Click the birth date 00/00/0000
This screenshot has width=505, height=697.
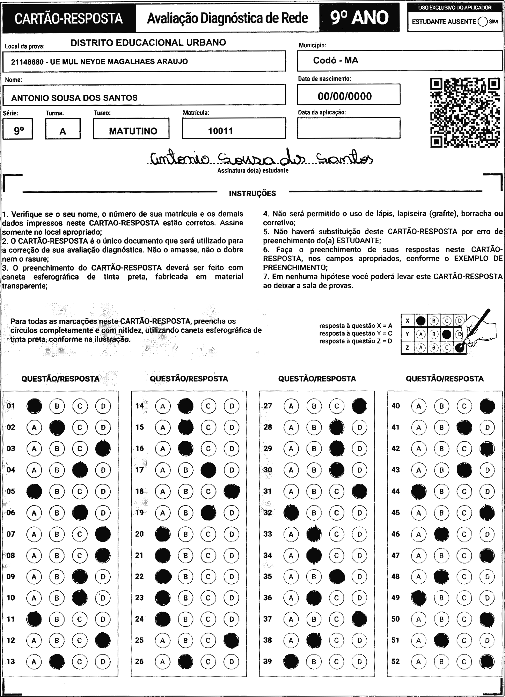345,96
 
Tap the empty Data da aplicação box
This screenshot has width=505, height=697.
348,128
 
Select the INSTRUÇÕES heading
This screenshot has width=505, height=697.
252,194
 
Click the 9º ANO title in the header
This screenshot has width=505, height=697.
359,18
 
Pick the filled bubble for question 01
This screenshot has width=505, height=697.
34,406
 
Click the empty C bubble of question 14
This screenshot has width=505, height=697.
208,406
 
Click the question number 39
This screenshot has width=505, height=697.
268,661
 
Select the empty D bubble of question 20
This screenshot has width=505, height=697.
232,534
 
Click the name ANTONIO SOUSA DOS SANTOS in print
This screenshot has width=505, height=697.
74,98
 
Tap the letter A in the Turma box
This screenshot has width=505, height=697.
63,132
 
